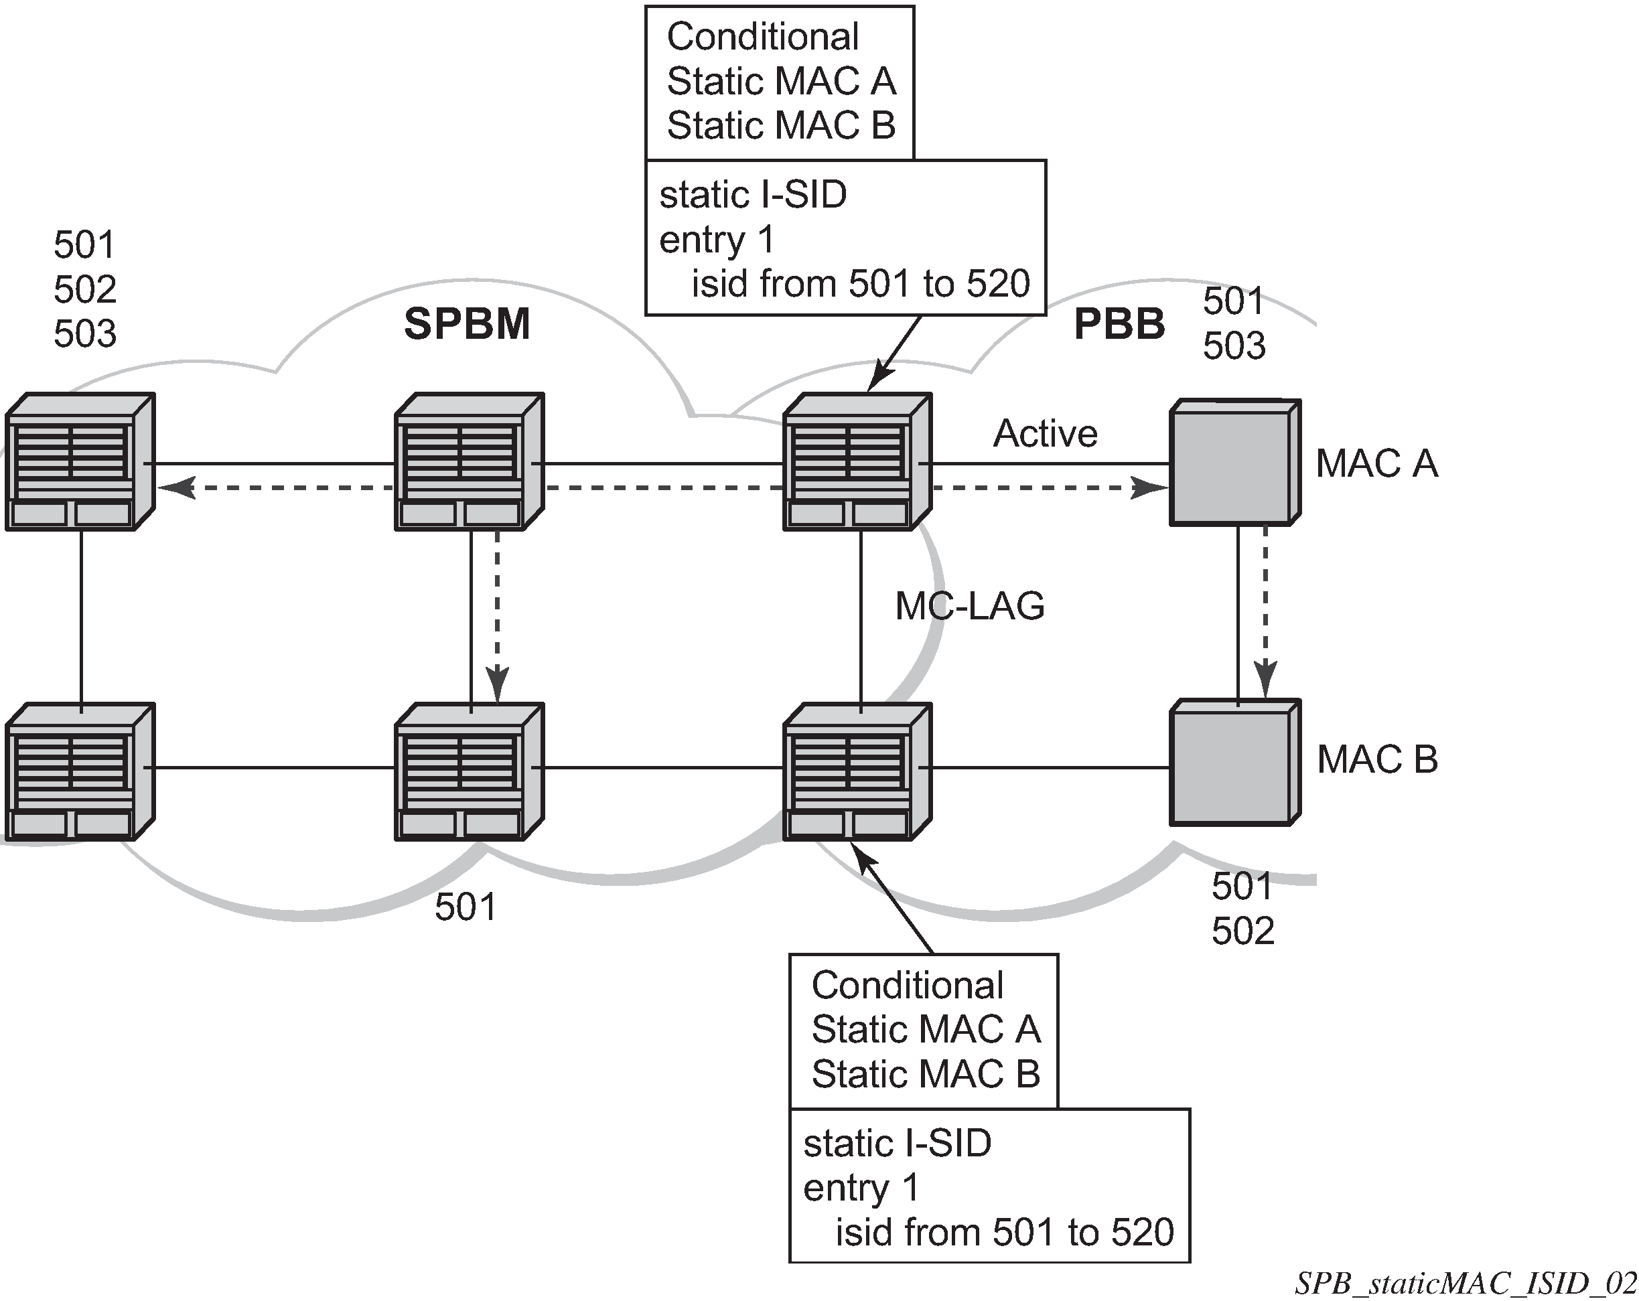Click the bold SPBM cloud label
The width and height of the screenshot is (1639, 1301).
pyautogui.click(x=467, y=325)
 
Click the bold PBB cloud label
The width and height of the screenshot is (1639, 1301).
pyautogui.click(x=1119, y=325)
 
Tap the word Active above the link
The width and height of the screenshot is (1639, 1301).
pyautogui.click(x=1046, y=434)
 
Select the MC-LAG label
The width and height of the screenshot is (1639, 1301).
pyautogui.click(x=969, y=606)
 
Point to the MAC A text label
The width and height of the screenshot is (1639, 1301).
pyautogui.click(x=1376, y=463)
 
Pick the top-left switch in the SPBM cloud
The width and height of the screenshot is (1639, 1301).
pyautogui.click(x=80, y=461)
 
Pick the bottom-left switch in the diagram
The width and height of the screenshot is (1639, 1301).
pyautogui.click(x=80, y=771)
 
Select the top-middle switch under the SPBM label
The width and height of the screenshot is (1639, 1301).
pyautogui.click(x=469, y=461)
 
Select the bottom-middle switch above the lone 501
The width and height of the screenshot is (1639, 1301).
pyautogui.click(x=469, y=771)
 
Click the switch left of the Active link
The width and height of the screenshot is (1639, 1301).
pyautogui.click(x=857, y=461)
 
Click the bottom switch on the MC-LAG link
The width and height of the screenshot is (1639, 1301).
pyautogui.click(x=857, y=771)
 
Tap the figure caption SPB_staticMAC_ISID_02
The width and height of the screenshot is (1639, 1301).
pyautogui.click(x=1465, y=1284)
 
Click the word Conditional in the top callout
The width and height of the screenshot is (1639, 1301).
pyautogui.click(x=762, y=36)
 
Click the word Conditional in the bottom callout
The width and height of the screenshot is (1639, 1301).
pyautogui.click(x=907, y=986)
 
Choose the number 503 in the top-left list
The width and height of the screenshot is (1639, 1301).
pyautogui.click(x=85, y=333)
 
